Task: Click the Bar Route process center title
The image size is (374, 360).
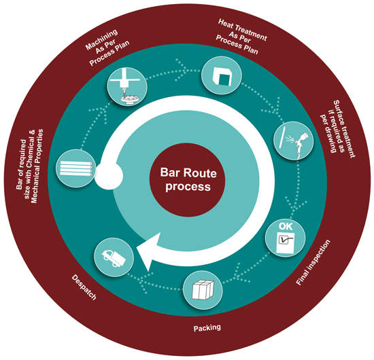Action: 188,179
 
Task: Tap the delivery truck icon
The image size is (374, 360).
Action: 114,257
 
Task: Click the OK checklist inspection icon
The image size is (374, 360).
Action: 286,238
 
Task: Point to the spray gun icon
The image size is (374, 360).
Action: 294,141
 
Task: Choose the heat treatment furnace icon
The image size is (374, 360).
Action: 222,76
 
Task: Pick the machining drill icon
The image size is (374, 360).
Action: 127,87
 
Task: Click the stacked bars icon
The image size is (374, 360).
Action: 76,168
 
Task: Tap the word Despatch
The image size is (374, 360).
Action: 84,287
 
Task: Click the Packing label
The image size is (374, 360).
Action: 207,328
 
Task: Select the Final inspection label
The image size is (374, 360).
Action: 313,262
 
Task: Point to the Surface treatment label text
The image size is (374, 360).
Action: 337,129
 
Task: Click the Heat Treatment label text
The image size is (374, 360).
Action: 240,37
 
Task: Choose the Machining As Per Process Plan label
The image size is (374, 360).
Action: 107,48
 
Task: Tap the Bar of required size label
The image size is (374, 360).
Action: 30,166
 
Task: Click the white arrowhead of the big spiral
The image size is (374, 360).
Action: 148,251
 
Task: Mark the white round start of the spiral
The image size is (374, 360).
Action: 109,176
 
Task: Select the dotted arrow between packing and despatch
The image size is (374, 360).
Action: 158,283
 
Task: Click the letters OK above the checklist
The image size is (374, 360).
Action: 286,226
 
